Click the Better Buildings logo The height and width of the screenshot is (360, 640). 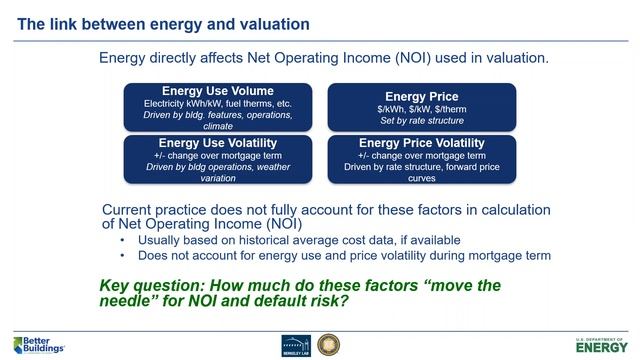point(38,343)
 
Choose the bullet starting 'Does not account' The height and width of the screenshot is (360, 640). point(344,255)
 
